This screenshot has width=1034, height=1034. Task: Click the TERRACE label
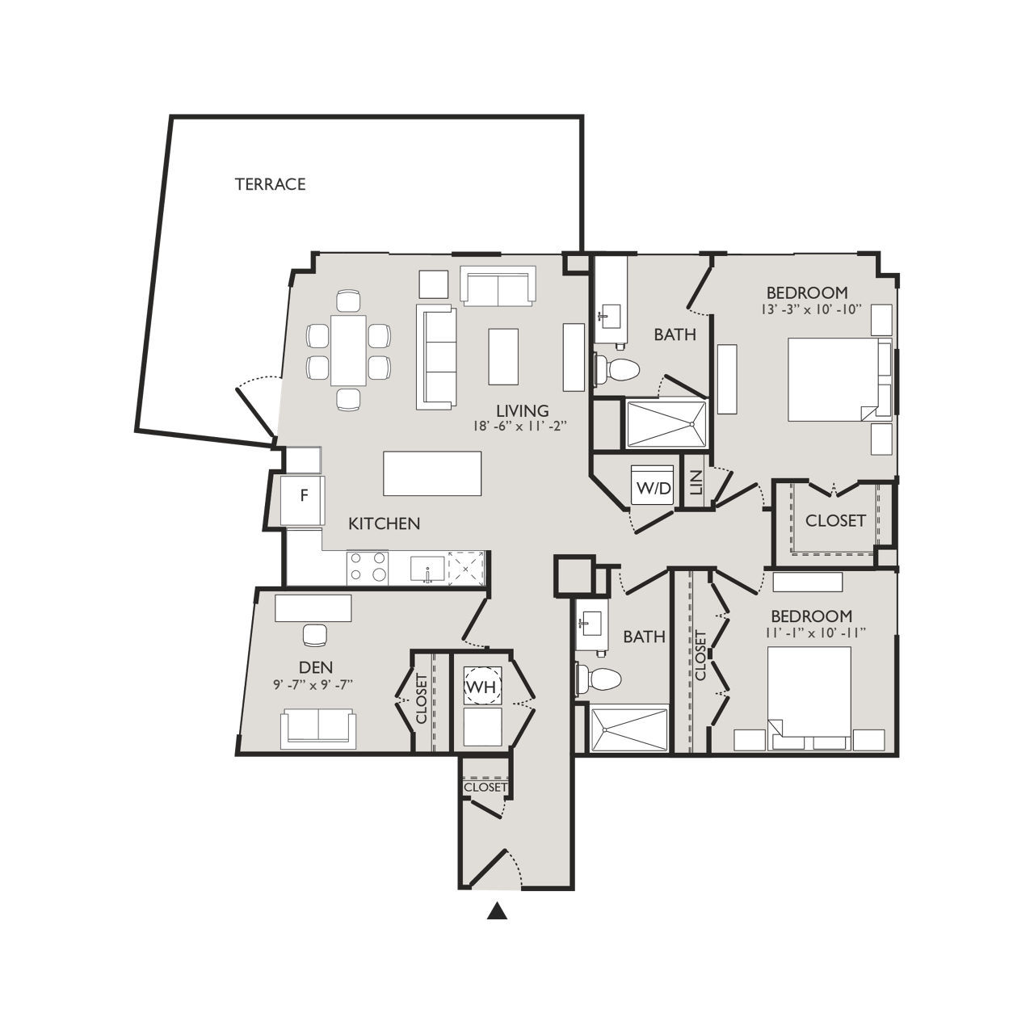point(270,184)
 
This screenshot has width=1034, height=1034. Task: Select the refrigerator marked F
point(303,496)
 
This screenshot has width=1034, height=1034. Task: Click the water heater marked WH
point(483,687)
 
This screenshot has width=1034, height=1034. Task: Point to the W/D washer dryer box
point(653,487)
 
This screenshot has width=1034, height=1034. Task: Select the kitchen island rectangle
point(432,473)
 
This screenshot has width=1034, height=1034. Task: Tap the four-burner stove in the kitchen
point(367,567)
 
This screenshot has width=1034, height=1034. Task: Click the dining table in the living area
point(347,350)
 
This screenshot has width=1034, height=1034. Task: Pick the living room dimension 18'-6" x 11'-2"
point(523,427)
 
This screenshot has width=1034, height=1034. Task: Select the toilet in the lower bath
point(599,679)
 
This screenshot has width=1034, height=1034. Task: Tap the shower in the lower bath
point(629,730)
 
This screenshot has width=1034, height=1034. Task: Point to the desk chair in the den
point(313,636)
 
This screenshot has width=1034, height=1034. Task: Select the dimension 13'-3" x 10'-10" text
point(806,309)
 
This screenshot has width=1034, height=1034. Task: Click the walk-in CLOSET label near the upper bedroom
point(835,521)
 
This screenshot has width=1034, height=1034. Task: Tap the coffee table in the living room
point(503,356)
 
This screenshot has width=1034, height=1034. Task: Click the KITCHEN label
point(384,523)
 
